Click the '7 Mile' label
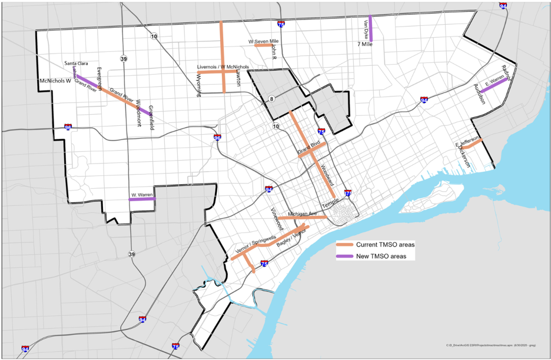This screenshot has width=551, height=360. [x=365, y=44]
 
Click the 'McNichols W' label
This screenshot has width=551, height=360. [x=54, y=81]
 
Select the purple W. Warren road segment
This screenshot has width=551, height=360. [x=142, y=199]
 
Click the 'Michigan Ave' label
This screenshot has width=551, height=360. [x=303, y=213]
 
